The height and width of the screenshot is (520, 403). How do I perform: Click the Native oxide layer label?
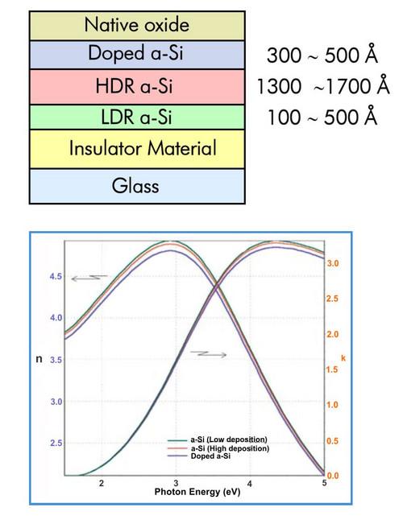pyautogui.click(x=136, y=25)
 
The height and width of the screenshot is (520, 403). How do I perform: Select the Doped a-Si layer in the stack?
pyautogui.click(x=136, y=55)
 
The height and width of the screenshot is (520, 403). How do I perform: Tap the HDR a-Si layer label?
pyautogui.click(x=136, y=86)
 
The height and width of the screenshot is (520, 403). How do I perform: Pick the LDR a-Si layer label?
pyautogui.click(x=136, y=117)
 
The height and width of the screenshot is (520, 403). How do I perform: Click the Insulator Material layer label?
pyautogui.click(x=136, y=148)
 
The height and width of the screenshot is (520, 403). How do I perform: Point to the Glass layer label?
pyautogui.click(x=136, y=186)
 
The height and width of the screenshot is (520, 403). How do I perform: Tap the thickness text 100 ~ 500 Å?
pyautogui.click(x=322, y=117)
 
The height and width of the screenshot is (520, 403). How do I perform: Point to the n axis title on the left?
pyautogui.click(x=38, y=358)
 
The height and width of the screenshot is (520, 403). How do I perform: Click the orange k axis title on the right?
pyautogui.click(x=343, y=355)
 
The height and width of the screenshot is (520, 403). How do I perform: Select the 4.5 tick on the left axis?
pyautogui.click(x=56, y=276)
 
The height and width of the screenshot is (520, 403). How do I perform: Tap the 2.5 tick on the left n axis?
pyautogui.click(x=56, y=444)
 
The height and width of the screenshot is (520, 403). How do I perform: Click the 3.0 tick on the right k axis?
pyautogui.click(x=332, y=263)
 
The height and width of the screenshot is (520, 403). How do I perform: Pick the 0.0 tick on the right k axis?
pyautogui.click(x=332, y=476)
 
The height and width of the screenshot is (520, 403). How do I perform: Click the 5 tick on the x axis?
pyautogui.click(x=323, y=483)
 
